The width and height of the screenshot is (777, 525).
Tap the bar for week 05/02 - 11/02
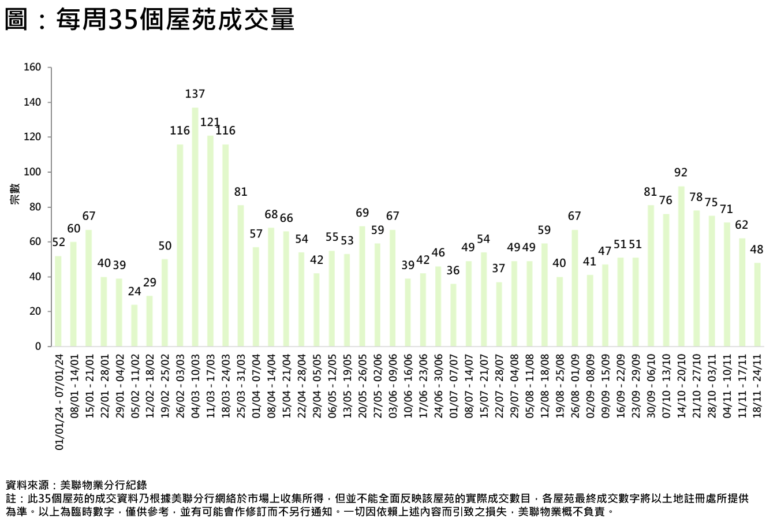click(x=135, y=325)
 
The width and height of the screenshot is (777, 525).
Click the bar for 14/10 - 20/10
click(x=681, y=266)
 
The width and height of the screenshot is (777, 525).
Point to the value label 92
click(x=681, y=173)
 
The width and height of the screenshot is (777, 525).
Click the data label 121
click(x=210, y=122)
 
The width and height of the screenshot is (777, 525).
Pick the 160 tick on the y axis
click(x=32, y=68)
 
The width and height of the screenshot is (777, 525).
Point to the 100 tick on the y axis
click(x=32, y=172)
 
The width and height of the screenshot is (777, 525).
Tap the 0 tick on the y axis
click(x=38, y=347)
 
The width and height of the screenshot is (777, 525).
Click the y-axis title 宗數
click(x=15, y=195)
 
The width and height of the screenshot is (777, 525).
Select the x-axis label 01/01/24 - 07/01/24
click(x=59, y=403)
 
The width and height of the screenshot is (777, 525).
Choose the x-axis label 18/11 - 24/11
click(x=757, y=386)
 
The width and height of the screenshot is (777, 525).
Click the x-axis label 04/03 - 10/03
click(x=195, y=386)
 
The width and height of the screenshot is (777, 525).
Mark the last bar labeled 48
click(x=757, y=304)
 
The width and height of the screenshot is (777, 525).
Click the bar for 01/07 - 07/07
click(x=454, y=315)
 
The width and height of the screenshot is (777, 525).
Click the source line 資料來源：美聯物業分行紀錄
click(x=76, y=485)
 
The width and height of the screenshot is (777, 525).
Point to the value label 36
click(x=454, y=271)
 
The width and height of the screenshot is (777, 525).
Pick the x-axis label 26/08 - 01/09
click(x=575, y=386)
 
